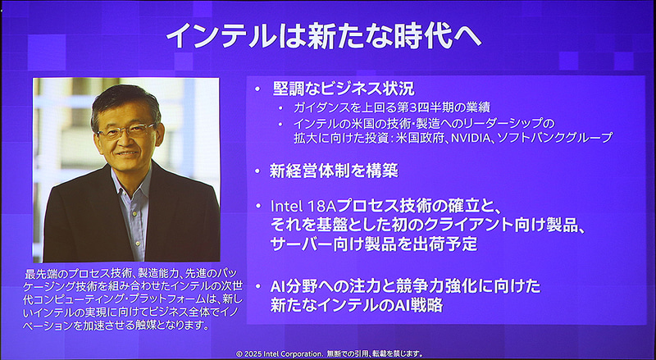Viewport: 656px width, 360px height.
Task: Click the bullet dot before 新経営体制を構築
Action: coord(257,171)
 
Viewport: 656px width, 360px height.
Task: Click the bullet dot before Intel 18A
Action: coord(257,205)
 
